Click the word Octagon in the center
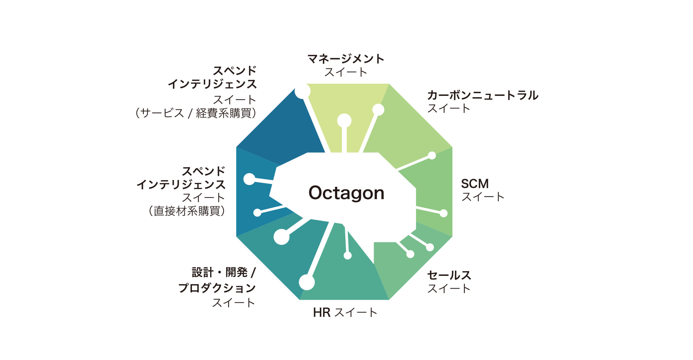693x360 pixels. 346,193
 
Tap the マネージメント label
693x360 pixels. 346,59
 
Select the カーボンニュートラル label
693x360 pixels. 483,95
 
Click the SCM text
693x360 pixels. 475,184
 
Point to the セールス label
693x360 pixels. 449,275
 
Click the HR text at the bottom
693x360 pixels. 322,313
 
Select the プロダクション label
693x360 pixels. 217,288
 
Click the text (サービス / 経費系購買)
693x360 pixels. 196,113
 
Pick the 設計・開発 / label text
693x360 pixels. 224,273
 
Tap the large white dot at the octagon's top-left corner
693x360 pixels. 302,91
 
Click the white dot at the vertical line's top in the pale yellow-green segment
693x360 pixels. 344,121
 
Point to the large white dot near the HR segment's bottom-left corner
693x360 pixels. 307,282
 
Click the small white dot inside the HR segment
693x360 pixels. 348,256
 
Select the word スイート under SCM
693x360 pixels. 483,197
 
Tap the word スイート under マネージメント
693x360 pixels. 346,72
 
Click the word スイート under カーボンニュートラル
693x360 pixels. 449,108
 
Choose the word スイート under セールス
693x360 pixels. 449,288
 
